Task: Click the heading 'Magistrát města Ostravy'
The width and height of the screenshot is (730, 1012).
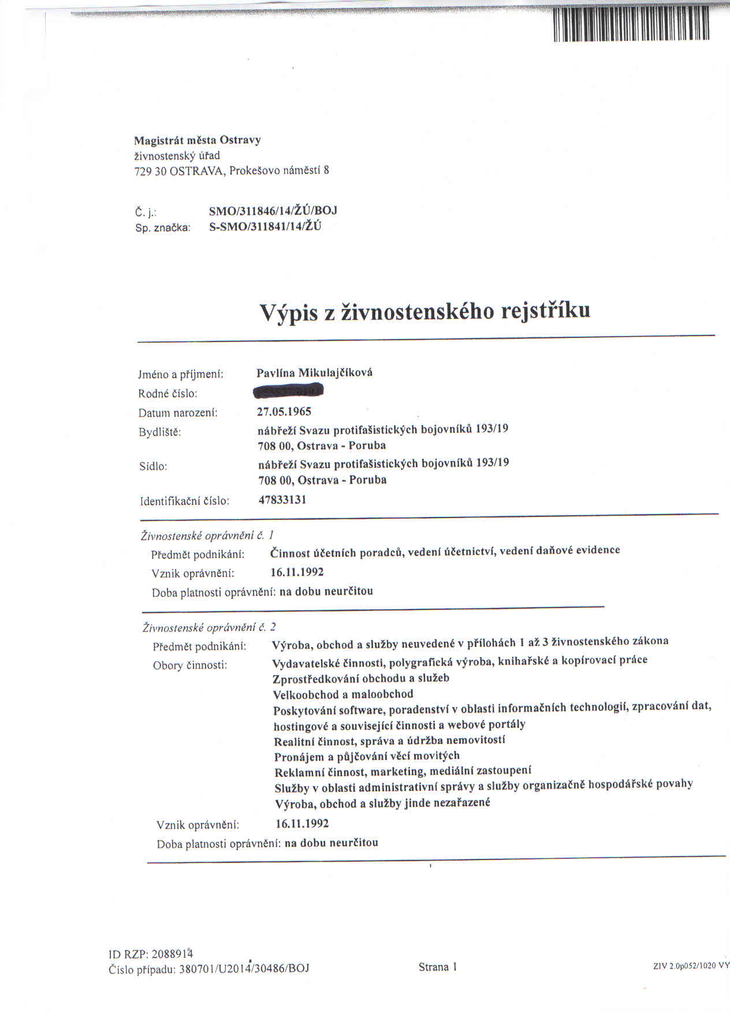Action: pyautogui.click(x=198, y=140)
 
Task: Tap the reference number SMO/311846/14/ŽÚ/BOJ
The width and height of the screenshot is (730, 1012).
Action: pyautogui.click(x=273, y=210)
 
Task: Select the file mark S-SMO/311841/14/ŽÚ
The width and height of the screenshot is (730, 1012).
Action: pyautogui.click(x=265, y=226)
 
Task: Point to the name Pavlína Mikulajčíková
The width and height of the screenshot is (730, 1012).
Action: pyautogui.click(x=314, y=373)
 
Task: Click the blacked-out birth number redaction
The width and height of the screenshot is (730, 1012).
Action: pyautogui.click(x=288, y=392)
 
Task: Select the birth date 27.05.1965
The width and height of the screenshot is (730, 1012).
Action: pyautogui.click(x=284, y=411)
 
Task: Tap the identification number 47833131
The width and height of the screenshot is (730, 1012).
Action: pyautogui.click(x=282, y=500)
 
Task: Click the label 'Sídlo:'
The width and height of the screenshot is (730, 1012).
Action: pyautogui.click(x=153, y=466)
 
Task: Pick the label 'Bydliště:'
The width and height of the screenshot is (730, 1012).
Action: pyautogui.click(x=159, y=431)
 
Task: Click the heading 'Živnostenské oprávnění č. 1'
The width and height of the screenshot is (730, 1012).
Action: pyautogui.click(x=207, y=535)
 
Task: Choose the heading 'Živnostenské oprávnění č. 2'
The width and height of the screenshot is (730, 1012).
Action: pyautogui.click(x=209, y=627)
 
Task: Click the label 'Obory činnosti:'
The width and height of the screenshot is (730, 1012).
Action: pyautogui.click(x=190, y=665)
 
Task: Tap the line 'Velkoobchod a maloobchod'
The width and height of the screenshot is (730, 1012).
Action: pyautogui.click(x=343, y=694)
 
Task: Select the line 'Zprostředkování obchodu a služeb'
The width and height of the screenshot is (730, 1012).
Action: pyautogui.click(x=361, y=678)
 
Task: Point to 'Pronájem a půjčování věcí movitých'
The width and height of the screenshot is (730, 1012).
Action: pyautogui.click(x=367, y=756)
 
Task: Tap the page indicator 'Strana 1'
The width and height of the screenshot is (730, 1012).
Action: pyautogui.click(x=438, y=967)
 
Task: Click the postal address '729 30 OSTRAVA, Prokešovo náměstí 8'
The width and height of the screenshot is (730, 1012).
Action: pyautogui.click(x=232, y=171)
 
